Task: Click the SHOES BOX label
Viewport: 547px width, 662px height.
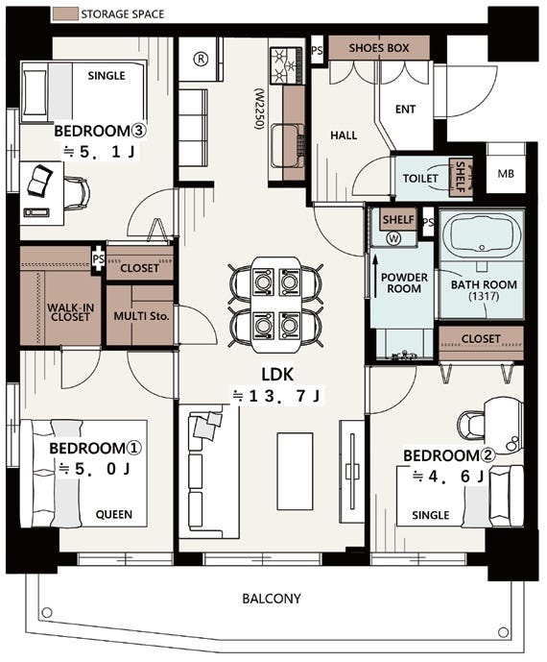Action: tap(379, 48)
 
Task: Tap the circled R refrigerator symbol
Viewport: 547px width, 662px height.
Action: tap(201, 60)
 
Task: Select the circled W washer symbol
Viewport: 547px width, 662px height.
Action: tap(394, 238)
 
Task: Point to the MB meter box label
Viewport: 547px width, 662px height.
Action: tap(505, 174)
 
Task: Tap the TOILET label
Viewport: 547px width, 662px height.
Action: tap(420, 179)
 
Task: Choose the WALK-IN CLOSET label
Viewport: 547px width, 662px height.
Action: tap(70, 312)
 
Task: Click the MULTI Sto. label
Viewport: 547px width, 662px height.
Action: tap(141, 316)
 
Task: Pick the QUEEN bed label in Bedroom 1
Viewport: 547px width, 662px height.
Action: tap(114, 514)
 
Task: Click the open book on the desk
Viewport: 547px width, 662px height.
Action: tap(40, 181)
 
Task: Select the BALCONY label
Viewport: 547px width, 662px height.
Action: tap(272, 599)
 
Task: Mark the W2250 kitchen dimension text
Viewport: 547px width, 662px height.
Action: tap(259, 109)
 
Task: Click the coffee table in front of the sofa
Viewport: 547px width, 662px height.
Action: tap(295, 471)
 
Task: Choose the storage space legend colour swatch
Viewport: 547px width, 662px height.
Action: tap(65, 14)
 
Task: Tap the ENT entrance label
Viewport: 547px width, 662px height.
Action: tap(405, 110)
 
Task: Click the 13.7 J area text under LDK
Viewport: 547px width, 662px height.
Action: tap(277, 396)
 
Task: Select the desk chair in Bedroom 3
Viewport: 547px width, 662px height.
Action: tap(77, 193)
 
